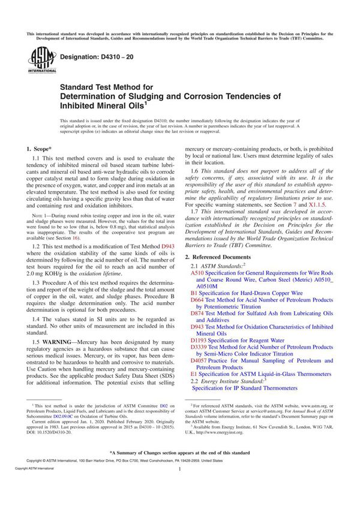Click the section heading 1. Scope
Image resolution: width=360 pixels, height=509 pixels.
tap(40, 147)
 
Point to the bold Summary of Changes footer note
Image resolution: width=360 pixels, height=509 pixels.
tap(180, 452)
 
